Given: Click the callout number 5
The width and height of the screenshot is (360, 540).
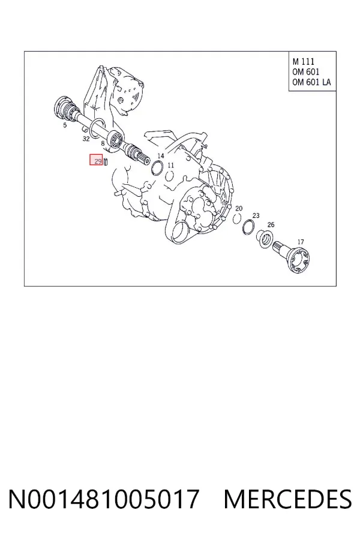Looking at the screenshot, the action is [x=65, y=125].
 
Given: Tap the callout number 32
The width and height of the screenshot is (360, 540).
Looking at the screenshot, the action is [x=86, y=139].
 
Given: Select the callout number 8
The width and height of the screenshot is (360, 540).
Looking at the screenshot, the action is [x=103, y=143].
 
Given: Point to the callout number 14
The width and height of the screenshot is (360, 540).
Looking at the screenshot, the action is [x=161, y=155].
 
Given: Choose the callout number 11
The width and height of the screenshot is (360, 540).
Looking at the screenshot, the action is [x=170, y=166].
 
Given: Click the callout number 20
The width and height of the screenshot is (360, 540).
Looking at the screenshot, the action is [x=239, y=208].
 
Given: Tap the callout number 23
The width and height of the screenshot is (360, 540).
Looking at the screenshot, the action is [x=256, y=215].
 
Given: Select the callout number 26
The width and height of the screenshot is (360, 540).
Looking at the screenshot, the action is [x=271, y=224].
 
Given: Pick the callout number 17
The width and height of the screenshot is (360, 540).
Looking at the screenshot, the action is [x=301, y=242].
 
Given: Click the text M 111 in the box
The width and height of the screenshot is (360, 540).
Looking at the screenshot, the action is [x=303, y=61].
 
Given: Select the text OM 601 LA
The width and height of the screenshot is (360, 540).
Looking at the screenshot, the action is [x=311, y=82].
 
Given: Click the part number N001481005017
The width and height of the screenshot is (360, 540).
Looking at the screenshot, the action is [x=104, y=499].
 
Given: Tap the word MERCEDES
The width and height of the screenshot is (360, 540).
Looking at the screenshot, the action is [x=287, y=499].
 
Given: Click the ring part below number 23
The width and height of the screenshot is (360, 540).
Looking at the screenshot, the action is [x=248, y=227].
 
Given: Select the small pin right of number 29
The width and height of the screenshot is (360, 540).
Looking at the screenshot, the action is [x=106, y=161].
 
